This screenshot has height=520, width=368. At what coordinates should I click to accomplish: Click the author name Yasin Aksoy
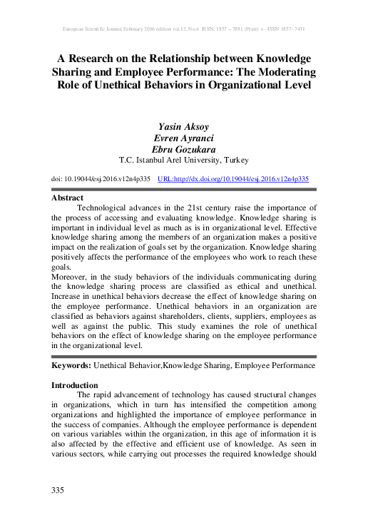[183, 126]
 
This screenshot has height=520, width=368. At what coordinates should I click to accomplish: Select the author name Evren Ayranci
[183, 138]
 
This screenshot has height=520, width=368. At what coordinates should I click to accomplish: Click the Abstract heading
[68, 198]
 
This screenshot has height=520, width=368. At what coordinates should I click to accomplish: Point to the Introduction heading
[75, 385]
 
